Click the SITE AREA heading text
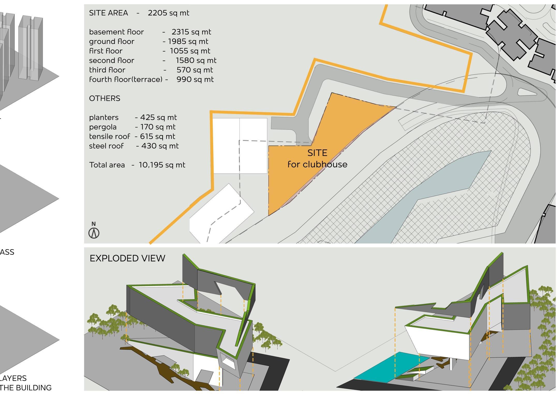[108, 13]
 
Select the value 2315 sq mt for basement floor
[191, 32]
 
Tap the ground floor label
[111, 41]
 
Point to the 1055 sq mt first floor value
[190, 51]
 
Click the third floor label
[107, 70]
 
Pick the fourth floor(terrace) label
[125, 80]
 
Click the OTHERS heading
[104, 98]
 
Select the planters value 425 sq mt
[158, 117]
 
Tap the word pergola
[103, 127]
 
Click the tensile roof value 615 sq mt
[158, 137]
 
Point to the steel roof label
[106, 146]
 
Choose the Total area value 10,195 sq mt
[162, 165]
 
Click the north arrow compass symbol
[94, 233]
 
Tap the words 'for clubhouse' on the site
[317, 164]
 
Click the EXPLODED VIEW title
[127, 258]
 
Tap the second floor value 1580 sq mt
[196, 60]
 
